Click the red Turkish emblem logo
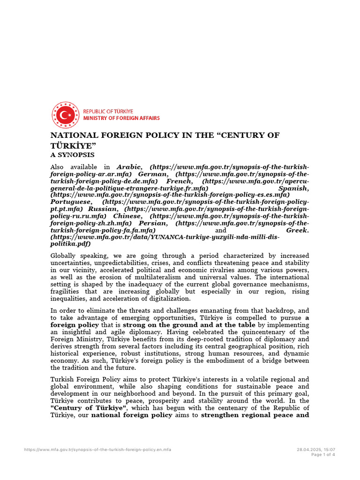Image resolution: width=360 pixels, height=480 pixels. coord(66,115)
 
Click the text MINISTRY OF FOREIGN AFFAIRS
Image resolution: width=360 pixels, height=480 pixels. coord(121,118)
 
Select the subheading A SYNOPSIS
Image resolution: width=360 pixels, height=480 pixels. coord(72,154)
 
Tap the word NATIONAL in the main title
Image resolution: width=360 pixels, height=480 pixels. coord(72,135)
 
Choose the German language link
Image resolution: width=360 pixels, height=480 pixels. coord(153,174)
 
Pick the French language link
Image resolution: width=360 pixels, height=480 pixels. coord(180,181)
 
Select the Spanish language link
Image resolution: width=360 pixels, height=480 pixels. coord(293,188)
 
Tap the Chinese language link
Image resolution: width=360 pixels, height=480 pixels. coord(127,216)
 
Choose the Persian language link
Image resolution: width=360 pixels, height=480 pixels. coord(152,223)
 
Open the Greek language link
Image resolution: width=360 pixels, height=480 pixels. coord(297,231)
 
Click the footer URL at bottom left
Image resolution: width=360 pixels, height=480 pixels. coord(97,450)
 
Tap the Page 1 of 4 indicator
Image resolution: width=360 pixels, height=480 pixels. coord(323,454)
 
